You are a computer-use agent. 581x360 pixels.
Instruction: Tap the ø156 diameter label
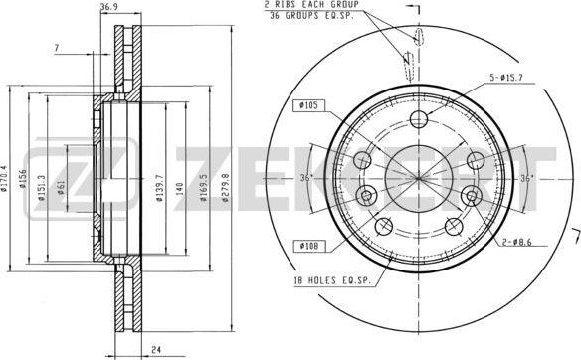click(27, 180)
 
